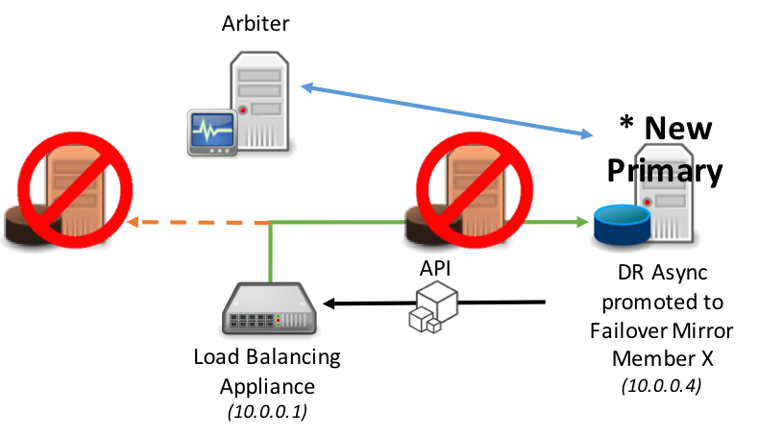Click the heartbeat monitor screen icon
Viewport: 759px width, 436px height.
click(211, 131)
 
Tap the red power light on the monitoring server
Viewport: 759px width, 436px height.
click(243, 109)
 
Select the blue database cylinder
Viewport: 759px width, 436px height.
click(621, 224)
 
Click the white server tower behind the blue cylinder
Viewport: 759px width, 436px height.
click(666, 192)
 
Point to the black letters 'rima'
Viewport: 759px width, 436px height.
click(664, 172)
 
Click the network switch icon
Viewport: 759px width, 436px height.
click(269, 308)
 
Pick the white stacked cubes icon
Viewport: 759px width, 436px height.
click(433, 306)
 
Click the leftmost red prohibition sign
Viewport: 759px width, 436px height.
click(75, 189)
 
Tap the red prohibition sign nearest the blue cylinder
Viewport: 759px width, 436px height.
click(475, 189)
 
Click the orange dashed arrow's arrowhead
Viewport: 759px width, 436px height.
click(133, 222)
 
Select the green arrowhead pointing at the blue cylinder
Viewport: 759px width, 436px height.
click(583, 222)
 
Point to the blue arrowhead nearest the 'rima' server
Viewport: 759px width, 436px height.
click(587, 134)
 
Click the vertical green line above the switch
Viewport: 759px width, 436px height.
click(271, 252)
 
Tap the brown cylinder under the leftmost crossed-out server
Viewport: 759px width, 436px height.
click(21, 226)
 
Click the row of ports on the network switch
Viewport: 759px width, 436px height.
click(252, 320)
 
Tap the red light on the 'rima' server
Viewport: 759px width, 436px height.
click(647, 202)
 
